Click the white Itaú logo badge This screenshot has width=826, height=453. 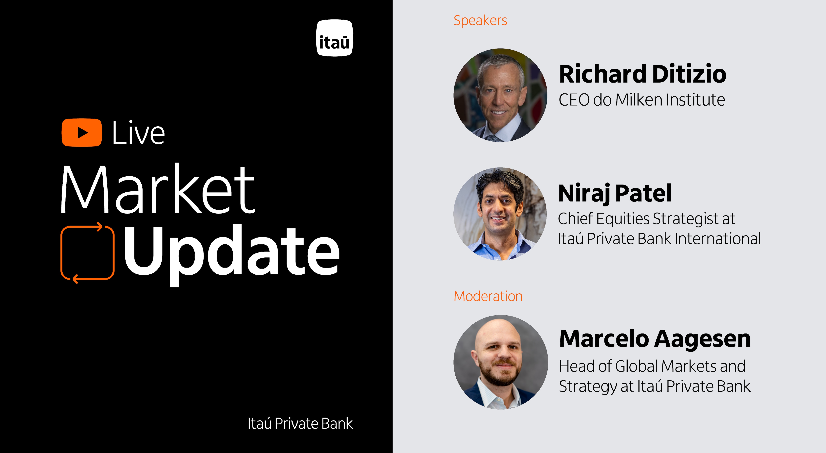point(334,38)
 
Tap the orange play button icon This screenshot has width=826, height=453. point(82,133)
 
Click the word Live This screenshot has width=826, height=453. point(139,133)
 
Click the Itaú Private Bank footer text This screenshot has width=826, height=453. point(300,423)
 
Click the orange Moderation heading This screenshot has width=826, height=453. point(488,296)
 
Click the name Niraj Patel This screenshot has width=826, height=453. point(615,194)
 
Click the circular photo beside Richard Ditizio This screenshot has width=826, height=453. point(501,95)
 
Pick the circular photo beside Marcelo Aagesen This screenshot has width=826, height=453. point(501,362)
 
